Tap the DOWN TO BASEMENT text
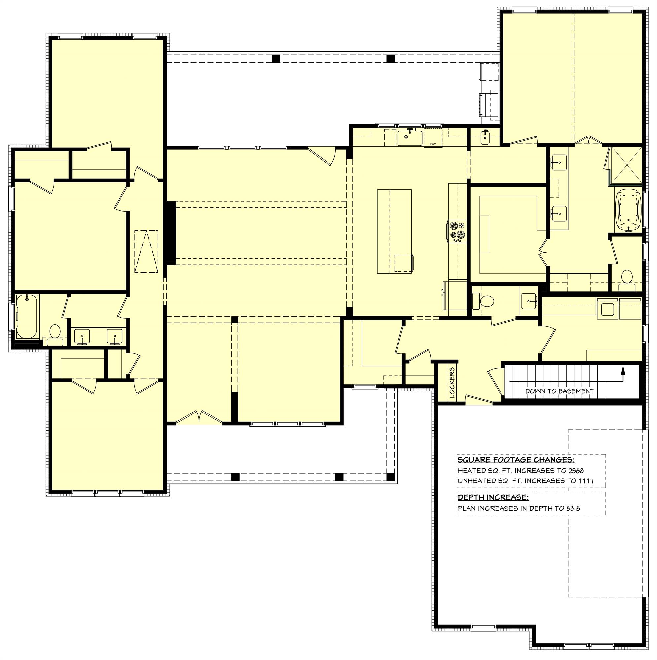[559, 391]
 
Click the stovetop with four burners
[457, 231]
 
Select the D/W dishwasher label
[432, 144]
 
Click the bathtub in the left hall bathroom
[27, 316]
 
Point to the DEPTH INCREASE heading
[493, 497]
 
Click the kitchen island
[394, 231]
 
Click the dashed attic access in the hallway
[146, 251]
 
